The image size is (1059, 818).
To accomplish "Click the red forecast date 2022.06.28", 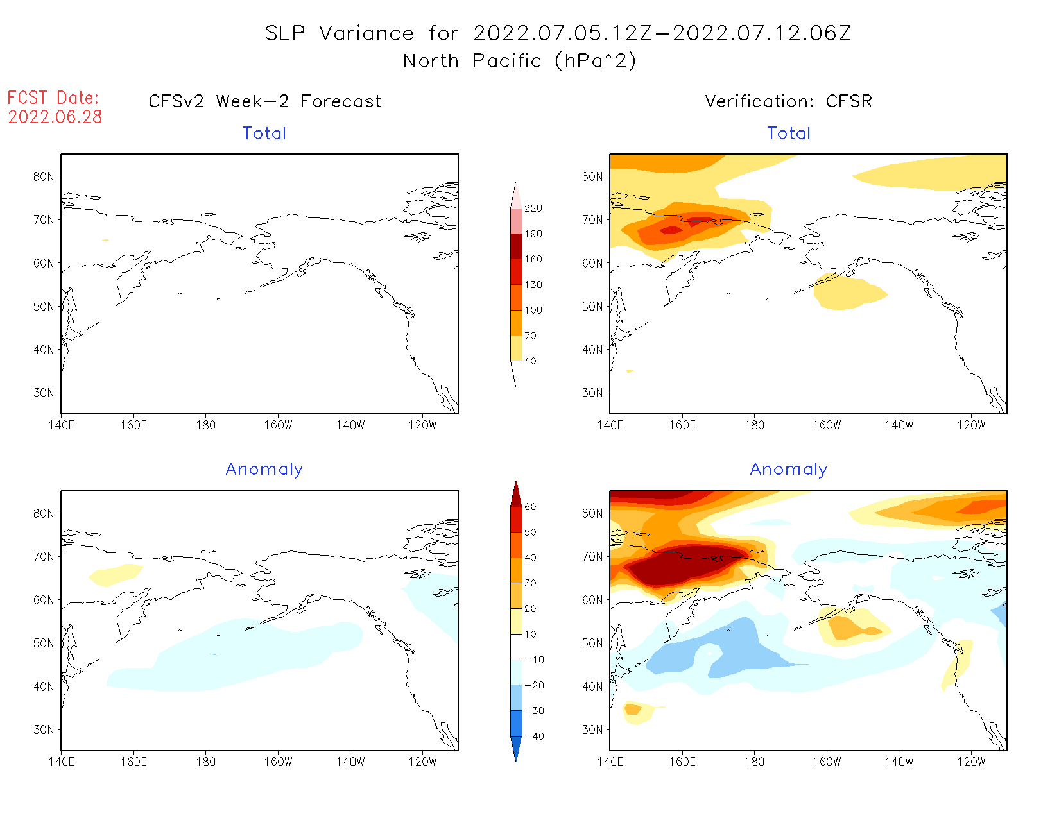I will click(x=55, y=117).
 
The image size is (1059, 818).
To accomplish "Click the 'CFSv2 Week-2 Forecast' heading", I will click(x=264, y=101).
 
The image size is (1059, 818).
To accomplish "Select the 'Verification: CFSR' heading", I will click(x=788, y=101).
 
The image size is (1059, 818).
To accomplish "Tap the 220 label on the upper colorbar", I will click(x=533, y=209).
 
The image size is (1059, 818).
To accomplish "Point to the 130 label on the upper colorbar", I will click(x=533, y=285).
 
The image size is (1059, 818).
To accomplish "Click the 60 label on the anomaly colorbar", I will click(x=530, y=507).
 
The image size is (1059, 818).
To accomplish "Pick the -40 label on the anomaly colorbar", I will click(x=533, y=737).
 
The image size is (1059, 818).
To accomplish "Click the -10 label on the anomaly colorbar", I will click(x=533, y=660).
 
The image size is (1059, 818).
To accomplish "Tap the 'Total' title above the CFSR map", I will click(x=789, y=133).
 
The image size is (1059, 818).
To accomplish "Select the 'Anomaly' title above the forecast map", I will click(x=264, y=470).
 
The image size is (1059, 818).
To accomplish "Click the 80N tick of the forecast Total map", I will click(x=44, y=176).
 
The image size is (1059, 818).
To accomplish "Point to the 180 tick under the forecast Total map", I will click(x=205, y=425).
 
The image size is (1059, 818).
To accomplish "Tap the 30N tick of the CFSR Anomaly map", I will click(x=592, y=729).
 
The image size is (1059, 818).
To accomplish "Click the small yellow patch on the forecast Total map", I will click(x=105, y=241).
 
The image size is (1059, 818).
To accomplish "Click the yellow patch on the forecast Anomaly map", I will click(x=116, y=575).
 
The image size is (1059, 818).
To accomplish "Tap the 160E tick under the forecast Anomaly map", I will click(x=133, y=762).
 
